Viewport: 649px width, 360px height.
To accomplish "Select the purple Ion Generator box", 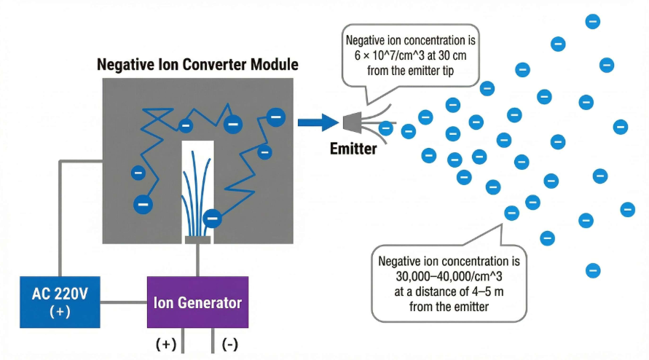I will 197,302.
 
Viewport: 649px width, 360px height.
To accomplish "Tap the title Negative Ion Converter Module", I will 197,64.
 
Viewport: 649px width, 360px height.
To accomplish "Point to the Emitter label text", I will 353,149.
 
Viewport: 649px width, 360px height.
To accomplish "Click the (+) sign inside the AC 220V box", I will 60,311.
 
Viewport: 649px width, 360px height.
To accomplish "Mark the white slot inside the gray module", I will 197,175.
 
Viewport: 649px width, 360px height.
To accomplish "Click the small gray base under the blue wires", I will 197,239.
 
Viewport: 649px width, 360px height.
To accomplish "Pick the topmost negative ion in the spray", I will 593,22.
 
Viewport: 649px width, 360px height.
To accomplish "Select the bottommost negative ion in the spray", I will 593,270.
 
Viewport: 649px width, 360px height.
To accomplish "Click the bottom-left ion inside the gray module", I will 143,204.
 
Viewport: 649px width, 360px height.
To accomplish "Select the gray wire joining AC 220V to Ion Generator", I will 124,301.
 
